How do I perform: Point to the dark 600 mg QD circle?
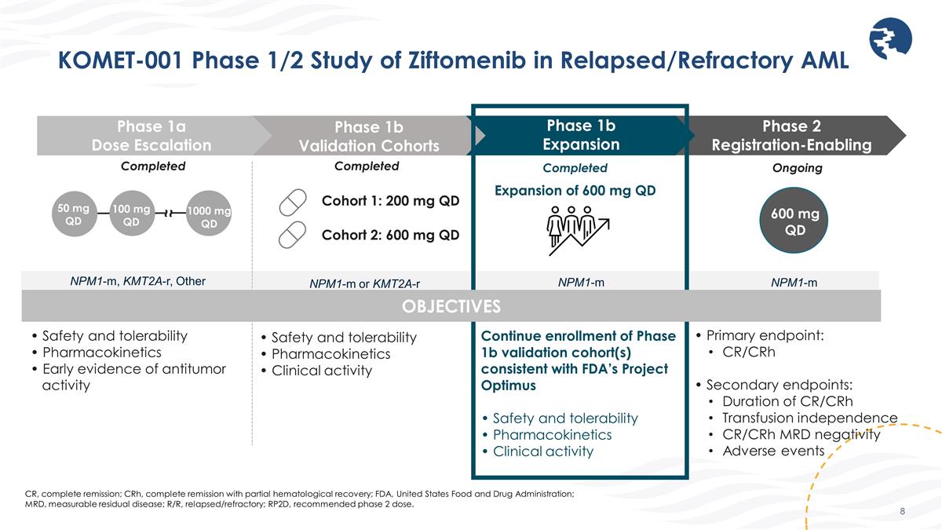(x=795, y=221)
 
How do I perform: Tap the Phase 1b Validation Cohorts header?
(x=368, y=136)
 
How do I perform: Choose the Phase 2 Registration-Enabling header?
(x=791, y=135)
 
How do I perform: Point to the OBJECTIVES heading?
(x=451, y=305)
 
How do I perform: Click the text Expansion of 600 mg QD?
(x=575, y=190)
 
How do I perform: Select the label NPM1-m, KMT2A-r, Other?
(x=138, y=280)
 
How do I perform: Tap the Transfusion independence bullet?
(x=809, y=418)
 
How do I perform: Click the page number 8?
(x=903, y=511)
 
